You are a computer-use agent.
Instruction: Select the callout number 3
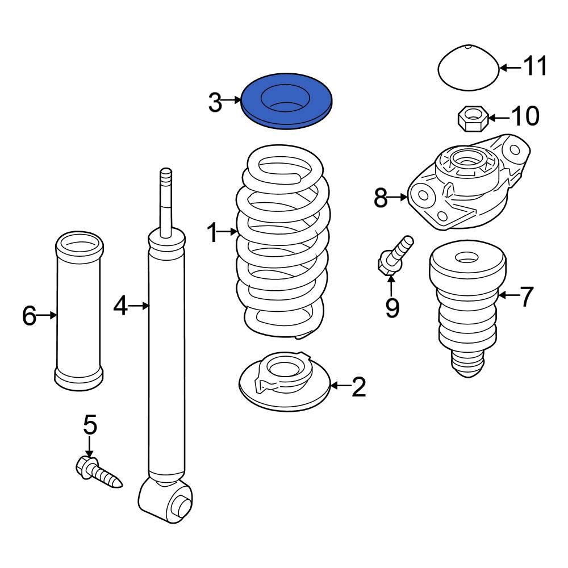pos(215,103)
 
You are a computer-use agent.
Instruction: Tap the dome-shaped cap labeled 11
pos(469,69)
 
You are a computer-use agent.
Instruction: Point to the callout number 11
pos(534,67)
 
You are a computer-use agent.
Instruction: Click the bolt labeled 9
pos(395,256)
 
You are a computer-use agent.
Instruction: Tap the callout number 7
pos(526,296)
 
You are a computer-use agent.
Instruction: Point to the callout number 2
pos(359,387)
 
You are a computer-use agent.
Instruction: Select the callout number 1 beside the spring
pos(212,233)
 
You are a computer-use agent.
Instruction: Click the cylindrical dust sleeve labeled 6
pos(80,312)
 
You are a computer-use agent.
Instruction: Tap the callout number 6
pos(29,316)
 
